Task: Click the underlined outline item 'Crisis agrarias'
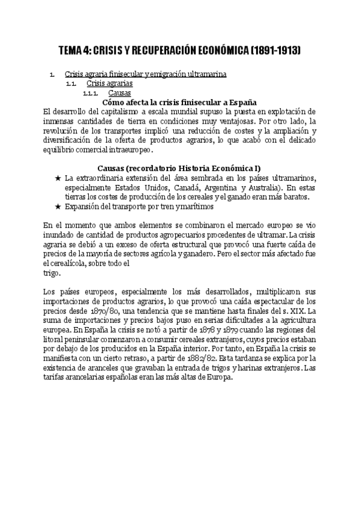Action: [110, 83]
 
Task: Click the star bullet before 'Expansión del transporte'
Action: [58, 206]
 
